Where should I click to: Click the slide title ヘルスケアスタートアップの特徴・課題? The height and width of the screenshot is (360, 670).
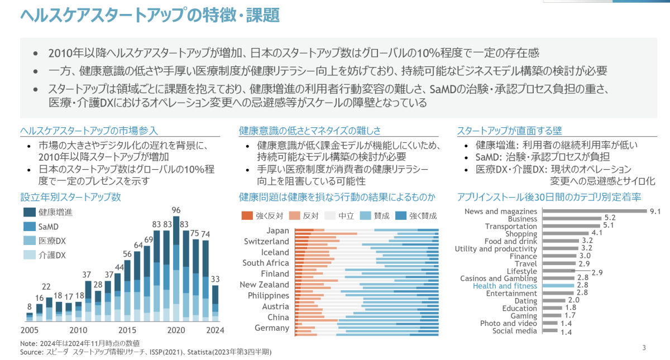click(150, 15)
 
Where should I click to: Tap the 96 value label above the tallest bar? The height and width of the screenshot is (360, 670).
click(176, 210)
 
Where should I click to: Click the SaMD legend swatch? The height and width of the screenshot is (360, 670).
click(29, 227)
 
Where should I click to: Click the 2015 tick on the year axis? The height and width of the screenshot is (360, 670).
click(128, 329)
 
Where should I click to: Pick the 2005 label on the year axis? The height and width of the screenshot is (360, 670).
click(30, 329)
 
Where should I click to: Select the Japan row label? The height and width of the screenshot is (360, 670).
click(278, 231)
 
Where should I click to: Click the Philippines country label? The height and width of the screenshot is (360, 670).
click(269, 295)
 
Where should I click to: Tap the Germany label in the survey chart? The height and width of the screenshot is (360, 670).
click(272, 328)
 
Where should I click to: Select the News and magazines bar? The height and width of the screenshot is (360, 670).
click(594, 212)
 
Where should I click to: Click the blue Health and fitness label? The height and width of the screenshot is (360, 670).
click(505, 286)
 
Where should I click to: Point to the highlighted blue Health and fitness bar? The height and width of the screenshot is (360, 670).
click(558, 286)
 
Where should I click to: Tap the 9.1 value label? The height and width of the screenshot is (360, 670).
click(655, 212)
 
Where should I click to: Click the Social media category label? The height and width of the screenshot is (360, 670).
click(514, 331)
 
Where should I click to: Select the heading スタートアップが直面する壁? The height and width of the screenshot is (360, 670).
click(509, 131)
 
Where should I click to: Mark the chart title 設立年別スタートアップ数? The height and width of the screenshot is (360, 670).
click(70, 197)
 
